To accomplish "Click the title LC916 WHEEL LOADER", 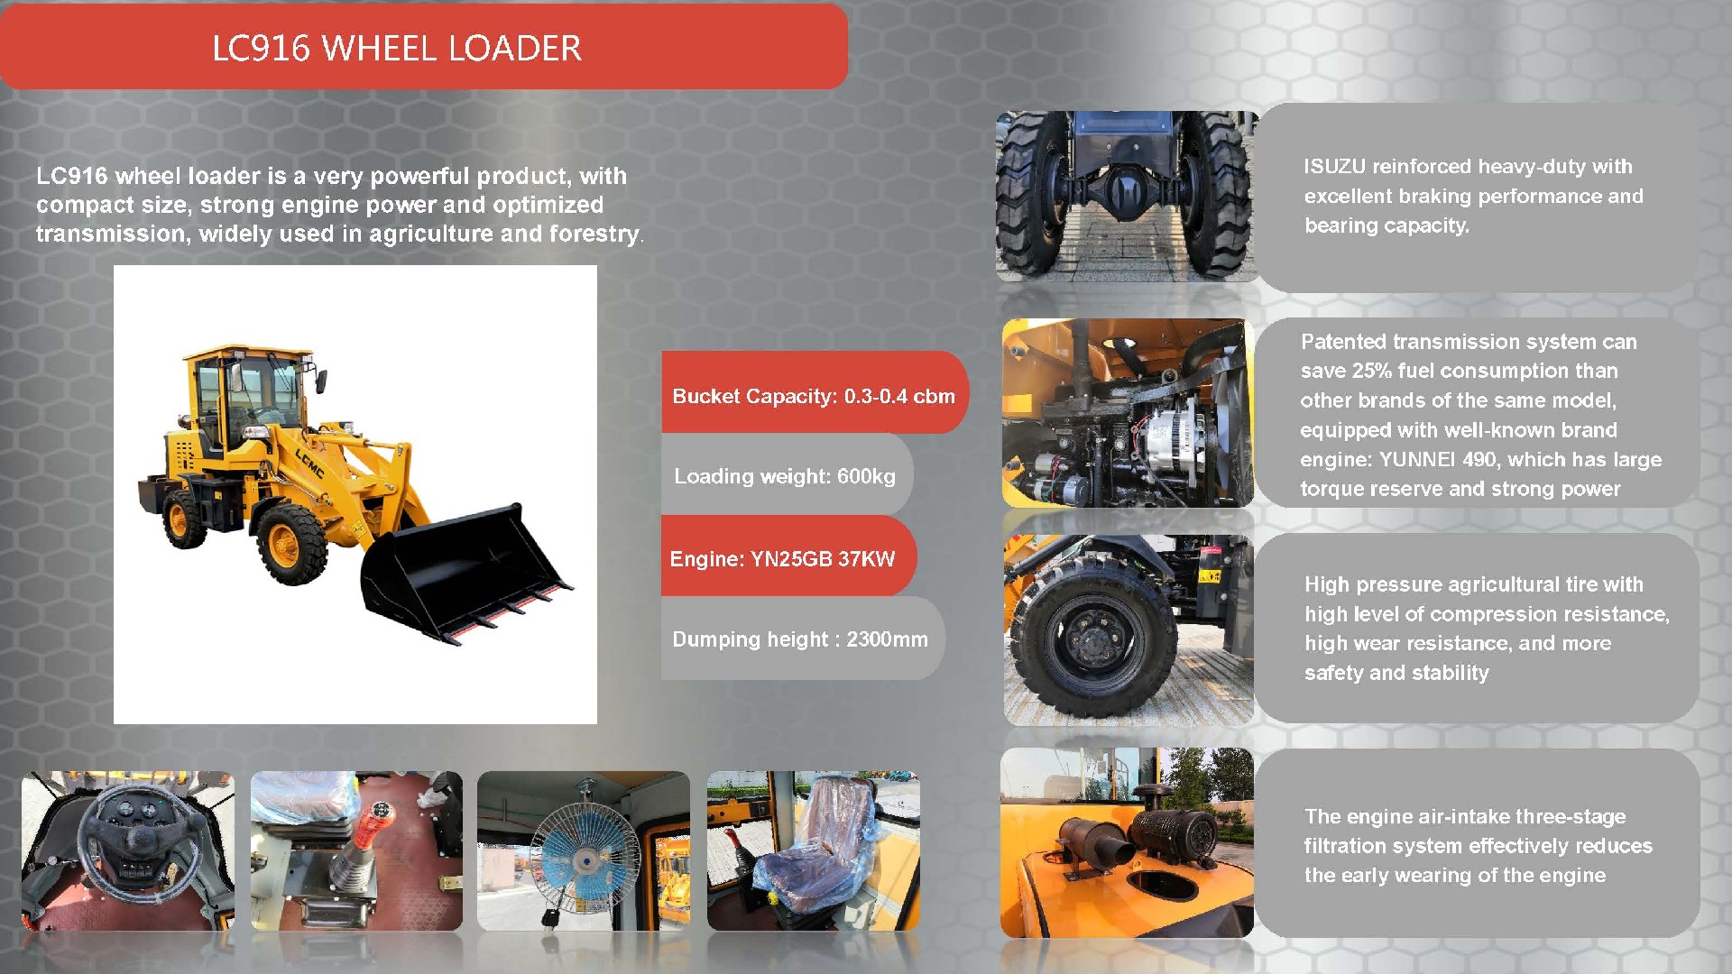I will click(397, 49).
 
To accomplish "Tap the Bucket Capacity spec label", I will click(813, 396).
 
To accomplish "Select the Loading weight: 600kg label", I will click(784, 476).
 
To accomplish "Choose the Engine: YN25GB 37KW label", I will click(782, 559).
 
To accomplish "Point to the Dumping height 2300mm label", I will click(799, 639).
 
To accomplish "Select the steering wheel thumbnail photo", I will click(128, 850).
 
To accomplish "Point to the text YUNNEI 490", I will click(1438, 460).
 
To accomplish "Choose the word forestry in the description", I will click(594, 234).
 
